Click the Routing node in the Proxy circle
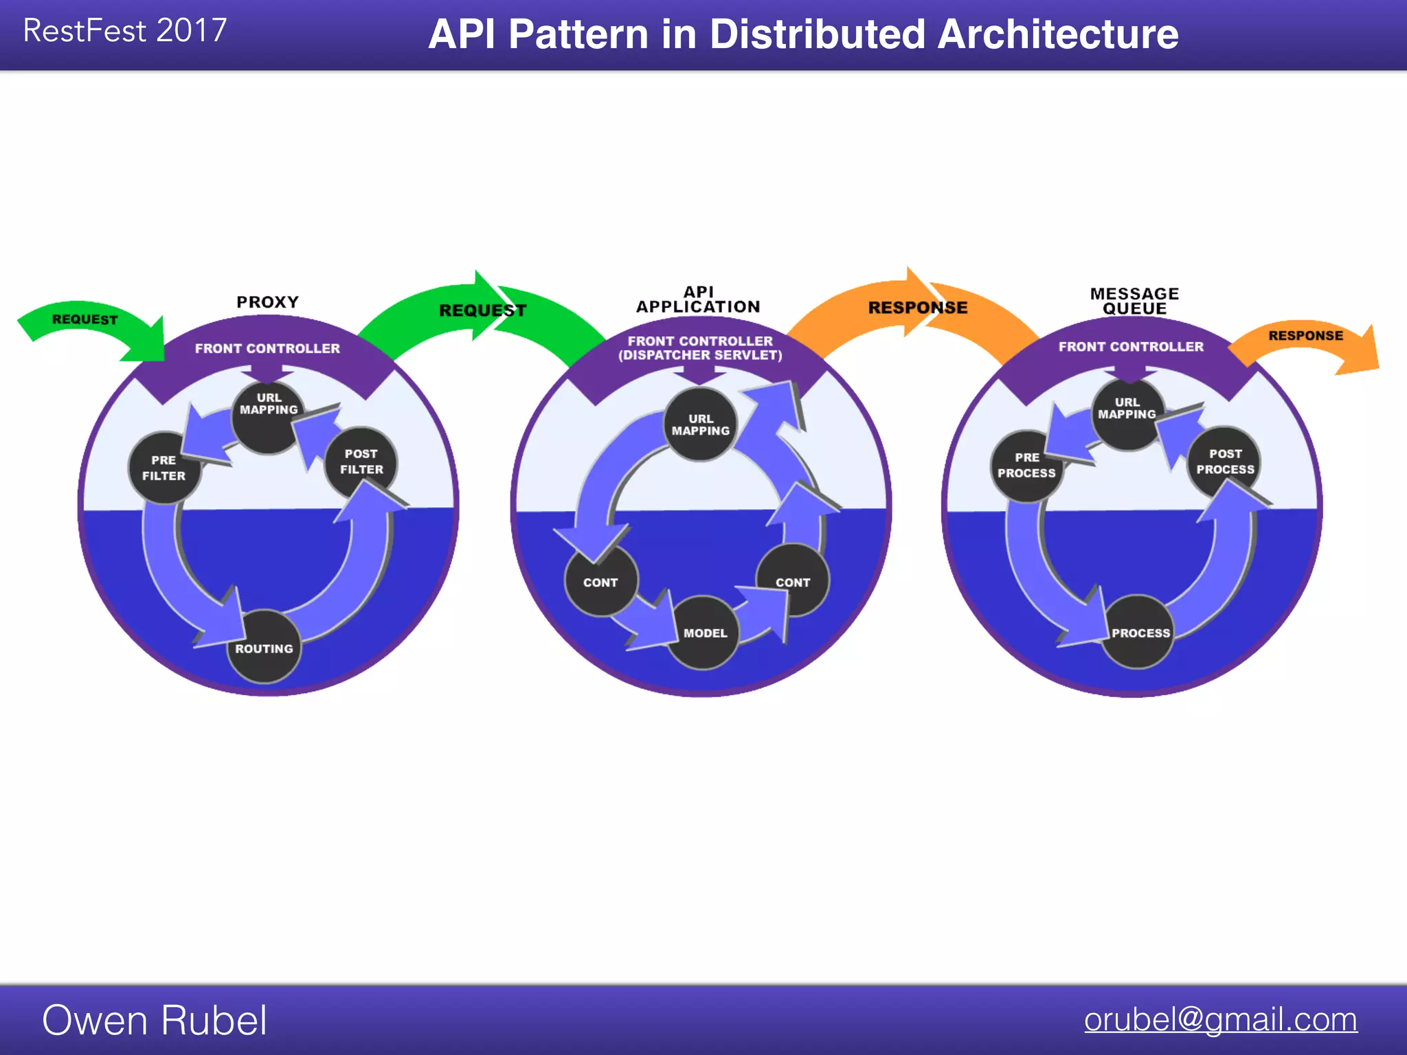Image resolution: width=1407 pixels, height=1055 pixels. [264, 647]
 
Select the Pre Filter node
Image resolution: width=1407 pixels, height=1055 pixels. [164, 468]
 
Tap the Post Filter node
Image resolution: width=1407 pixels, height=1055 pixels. [361, 462]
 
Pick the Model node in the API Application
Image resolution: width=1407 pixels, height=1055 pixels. [704, 633]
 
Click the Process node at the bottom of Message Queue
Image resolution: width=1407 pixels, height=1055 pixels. [1139, 633]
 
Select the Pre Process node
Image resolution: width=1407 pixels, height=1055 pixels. [1026, 466]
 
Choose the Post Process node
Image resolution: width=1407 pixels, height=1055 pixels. [1225, 462]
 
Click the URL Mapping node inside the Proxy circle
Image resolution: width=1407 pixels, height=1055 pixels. [269, 406]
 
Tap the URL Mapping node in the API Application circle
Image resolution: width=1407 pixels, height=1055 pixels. [701, 424]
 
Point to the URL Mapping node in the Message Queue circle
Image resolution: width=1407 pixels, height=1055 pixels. [1127, 410]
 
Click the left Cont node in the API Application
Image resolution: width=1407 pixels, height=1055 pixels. [600, 582]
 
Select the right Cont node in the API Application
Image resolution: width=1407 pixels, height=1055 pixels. [793, 582]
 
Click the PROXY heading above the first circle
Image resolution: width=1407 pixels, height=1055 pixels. [268, 302]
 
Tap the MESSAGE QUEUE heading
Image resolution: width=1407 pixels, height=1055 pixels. [1134, 301]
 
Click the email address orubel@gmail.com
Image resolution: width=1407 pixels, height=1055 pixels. [1220, 1019]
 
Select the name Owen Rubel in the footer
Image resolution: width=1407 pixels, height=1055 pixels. [155, 1020]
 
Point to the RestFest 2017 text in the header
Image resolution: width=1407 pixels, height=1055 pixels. [125, 31]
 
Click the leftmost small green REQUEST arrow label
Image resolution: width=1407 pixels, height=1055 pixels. [85, 319]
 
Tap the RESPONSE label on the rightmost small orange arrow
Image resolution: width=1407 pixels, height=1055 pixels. [1305, 336]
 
